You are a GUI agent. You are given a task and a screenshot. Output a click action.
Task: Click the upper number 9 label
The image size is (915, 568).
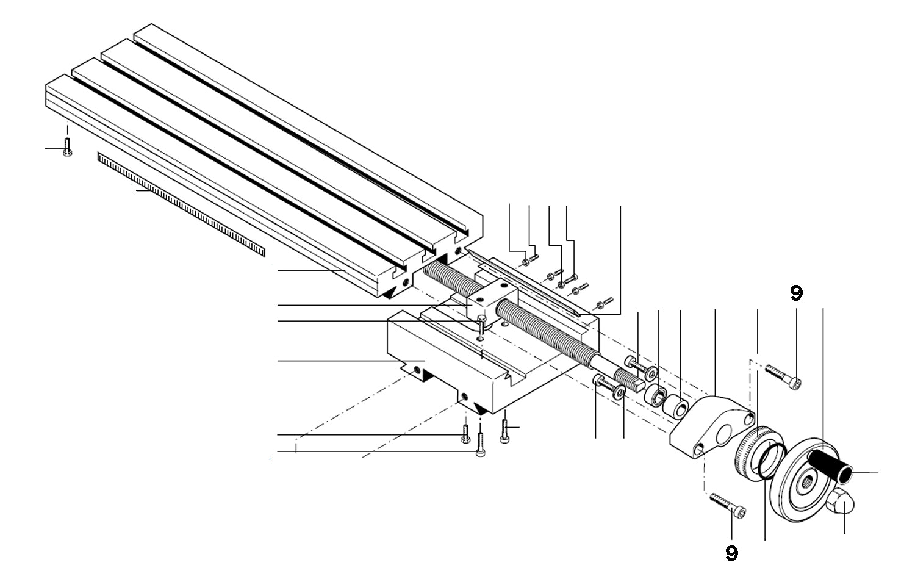pos(796,293)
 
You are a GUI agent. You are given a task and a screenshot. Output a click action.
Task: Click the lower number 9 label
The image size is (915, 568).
pos(731,553)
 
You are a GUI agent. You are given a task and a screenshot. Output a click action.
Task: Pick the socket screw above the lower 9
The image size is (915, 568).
pos(728,506)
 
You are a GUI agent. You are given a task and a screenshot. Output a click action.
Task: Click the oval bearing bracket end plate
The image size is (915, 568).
pos(711,428)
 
